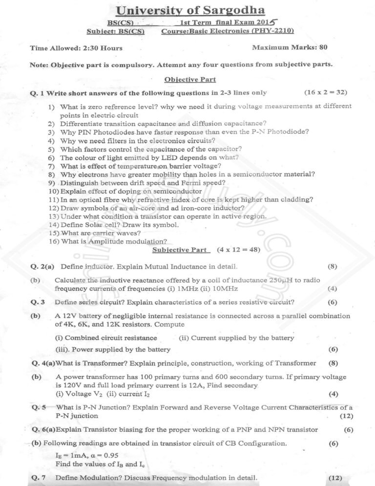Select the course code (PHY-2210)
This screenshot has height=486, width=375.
click(x=273, y=31)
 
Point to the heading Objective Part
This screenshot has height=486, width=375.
click(x=190, y=79)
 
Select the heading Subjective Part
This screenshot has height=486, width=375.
click(x=179, y=249)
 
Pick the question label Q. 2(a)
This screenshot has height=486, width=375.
click(x=42, y=266)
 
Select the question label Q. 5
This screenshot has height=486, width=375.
click(x=39, y=407)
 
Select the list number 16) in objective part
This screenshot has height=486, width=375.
click(x=54, y=241)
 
